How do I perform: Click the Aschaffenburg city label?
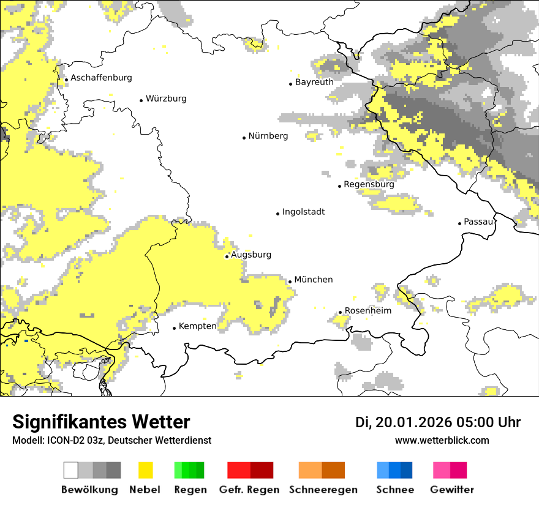point(101,78)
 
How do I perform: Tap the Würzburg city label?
point(166,99)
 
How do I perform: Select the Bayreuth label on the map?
point(314,82)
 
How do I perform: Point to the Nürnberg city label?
point(268,136)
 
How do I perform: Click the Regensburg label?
point(369,184)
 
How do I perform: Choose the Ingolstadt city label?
point(303,212)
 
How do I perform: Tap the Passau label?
point(478,222)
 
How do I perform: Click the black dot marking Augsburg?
point(227,256)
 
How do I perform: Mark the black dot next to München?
point(290,282)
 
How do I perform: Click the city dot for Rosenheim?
point(340,313)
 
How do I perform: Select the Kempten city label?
point(197,326)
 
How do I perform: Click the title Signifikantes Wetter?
point(101,422)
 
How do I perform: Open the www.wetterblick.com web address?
point(442,441)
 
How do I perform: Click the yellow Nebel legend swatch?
point(146,470)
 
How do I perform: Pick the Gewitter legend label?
point(451,490)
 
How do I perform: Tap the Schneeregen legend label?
point(323,490)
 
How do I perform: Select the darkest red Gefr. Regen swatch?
point(262,470)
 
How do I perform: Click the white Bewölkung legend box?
point(71,470)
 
